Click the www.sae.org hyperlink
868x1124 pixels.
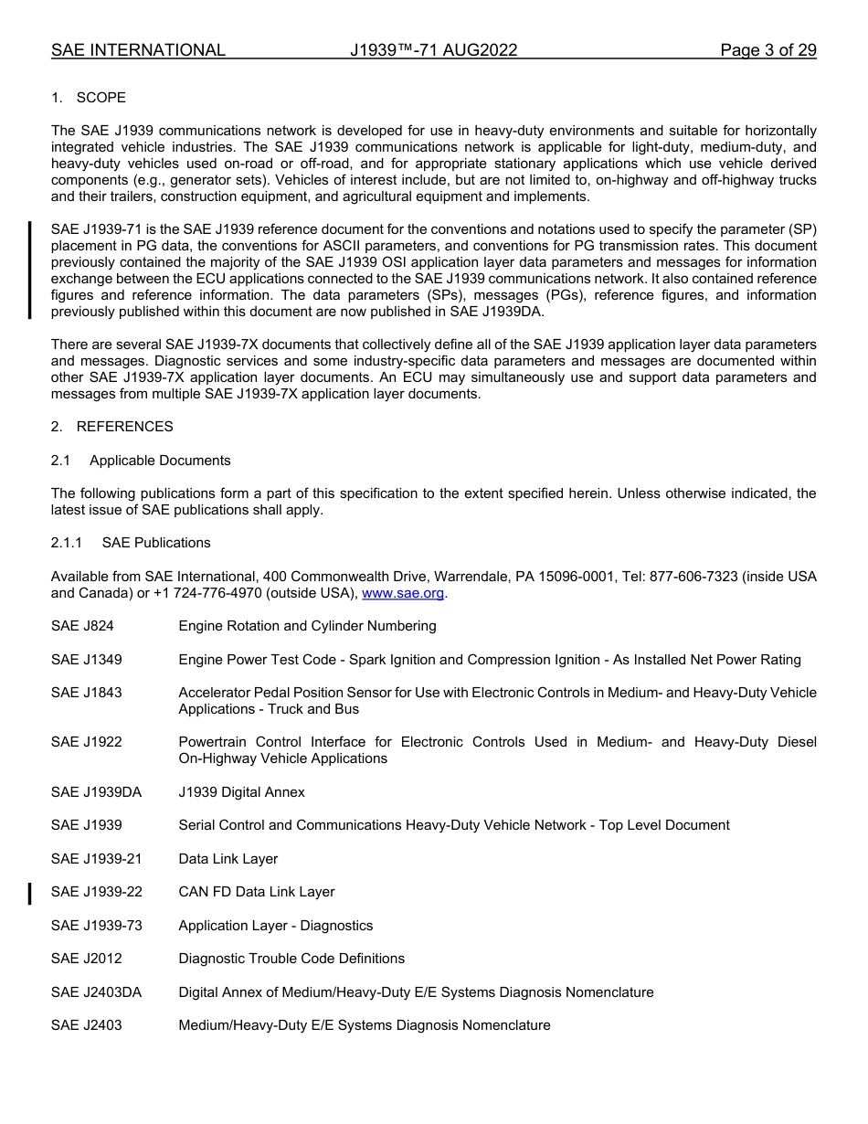click(403, 593)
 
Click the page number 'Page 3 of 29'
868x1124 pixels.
click(767, 50)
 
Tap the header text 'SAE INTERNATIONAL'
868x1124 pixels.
click(138, 50)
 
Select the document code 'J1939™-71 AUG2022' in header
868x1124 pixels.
click(433, 50)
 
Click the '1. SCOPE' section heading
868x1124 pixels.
click(89, 98)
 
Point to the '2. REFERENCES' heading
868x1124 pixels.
click(111, 427)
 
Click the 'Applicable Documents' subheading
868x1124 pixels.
click(160, 461)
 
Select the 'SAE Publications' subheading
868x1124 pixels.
click(156, 543)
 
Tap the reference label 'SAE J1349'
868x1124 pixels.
click(86, 660)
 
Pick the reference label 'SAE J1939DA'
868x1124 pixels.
click(96, 792)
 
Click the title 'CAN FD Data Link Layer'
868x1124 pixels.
click(257, 892)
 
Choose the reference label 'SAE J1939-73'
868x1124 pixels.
click(97, 926)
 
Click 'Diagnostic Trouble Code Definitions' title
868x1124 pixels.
click(291, 959)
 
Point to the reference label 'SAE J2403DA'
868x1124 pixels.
click(96, 992)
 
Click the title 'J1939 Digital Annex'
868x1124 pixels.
click(242, 792)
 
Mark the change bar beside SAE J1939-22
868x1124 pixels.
click(30, 893)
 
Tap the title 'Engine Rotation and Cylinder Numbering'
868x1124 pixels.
click(307, 626)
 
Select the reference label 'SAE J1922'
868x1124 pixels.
click(86, 742)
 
